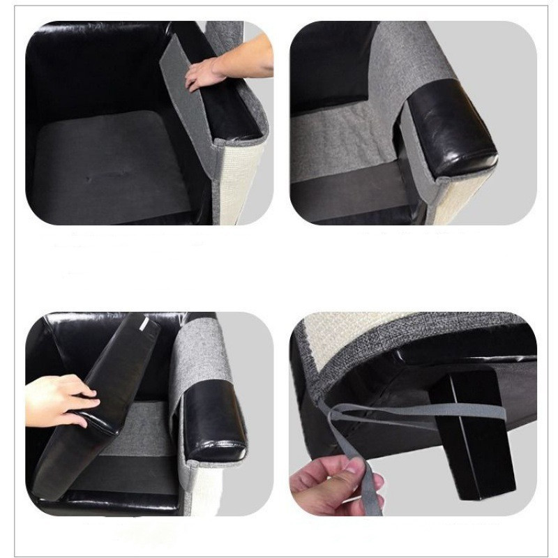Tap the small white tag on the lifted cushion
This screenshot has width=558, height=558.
click(144, 325)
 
